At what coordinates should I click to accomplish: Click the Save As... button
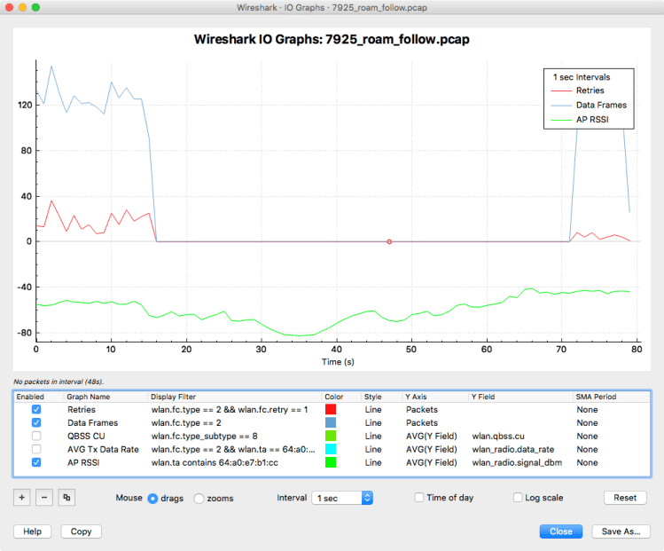coord(621,531)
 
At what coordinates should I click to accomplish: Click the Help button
coord(32,531)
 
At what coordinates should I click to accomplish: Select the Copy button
coord(81,531)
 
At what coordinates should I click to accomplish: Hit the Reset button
coord(625,498)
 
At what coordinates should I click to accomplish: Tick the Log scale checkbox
coord(519,498)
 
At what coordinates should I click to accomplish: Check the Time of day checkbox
coord(419,498)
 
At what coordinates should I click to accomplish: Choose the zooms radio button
coord(199,498)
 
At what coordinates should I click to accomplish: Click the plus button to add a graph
coord(22,498)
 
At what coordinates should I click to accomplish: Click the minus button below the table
coord(44,498)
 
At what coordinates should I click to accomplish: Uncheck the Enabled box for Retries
coord(36,410)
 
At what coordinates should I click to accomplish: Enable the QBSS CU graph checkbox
coord(36,436)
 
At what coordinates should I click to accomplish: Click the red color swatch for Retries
coord(331,410)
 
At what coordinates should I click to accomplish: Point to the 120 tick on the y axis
coord(24,105)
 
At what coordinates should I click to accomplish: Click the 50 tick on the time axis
coord(411,351)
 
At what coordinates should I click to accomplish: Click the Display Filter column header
coord(176,397)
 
